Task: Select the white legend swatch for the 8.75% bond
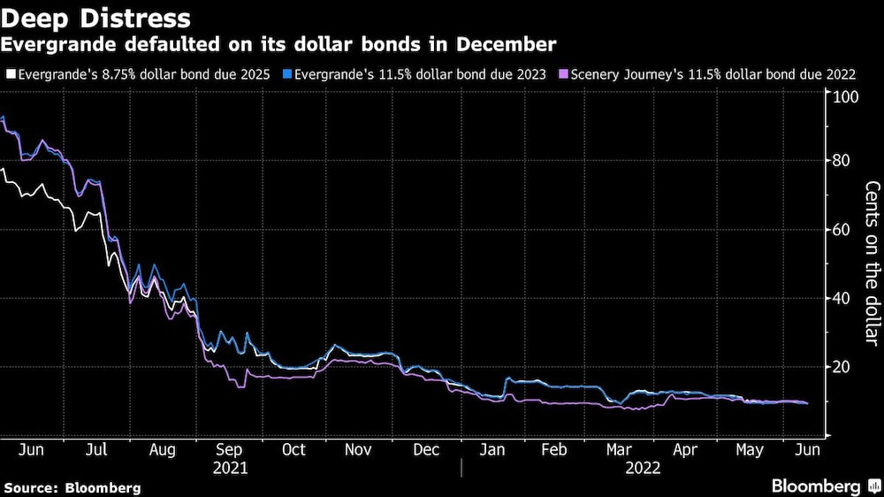[9, 74]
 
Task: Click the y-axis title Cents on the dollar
[872, 264]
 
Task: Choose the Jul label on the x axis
[96, 449]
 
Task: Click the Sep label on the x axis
[230, 449]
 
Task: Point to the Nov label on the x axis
[357, 449]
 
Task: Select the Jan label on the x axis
[492, 449]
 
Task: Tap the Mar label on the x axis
[619, 449]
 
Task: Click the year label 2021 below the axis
[231, 467]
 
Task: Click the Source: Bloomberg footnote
[72, 487]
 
